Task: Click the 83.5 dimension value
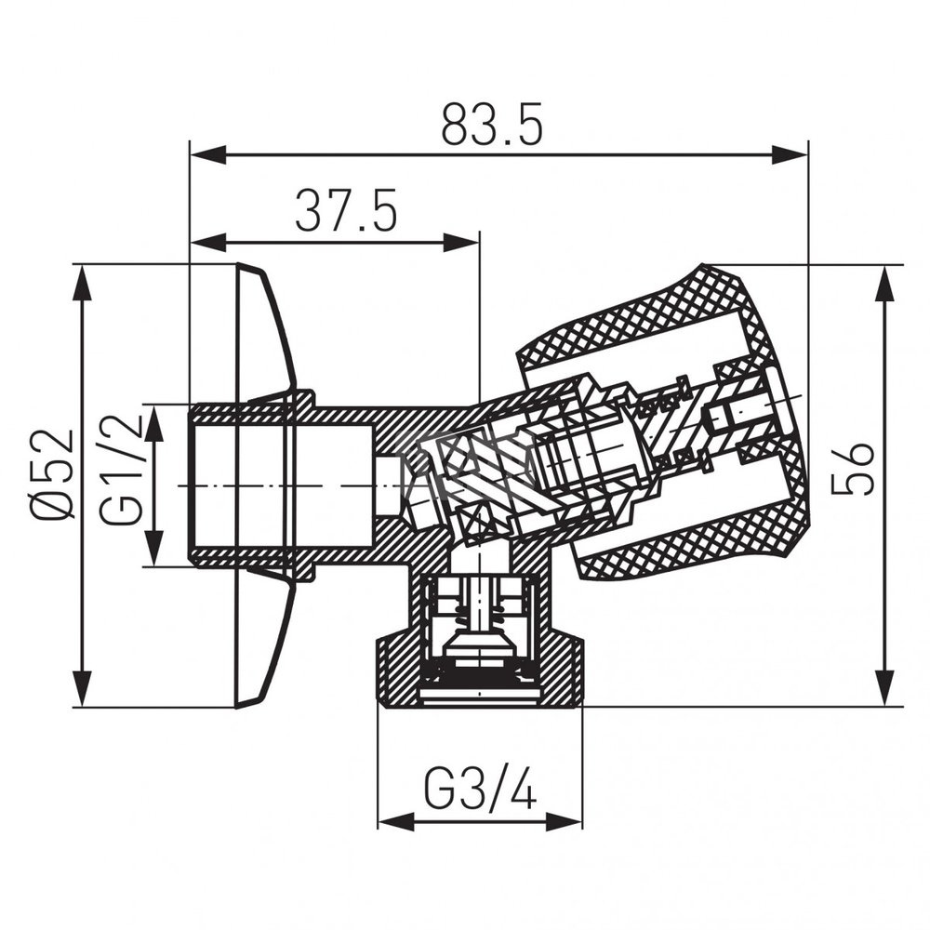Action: [x=492, y=126]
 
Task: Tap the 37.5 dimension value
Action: [x=346, y=210]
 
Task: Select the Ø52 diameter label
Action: [x=52, y=475]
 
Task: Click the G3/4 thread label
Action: [x=481, y=790]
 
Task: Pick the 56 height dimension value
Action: [x=853, y=468]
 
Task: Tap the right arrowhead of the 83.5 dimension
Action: [x=789, y=155]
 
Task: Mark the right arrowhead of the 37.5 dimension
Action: [x=460, y=242]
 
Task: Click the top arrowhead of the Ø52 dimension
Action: [x=84, y=284]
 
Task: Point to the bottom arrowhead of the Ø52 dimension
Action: [x=84, y=688]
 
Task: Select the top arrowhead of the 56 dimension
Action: [x=885, y=284]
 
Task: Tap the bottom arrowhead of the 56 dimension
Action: [x=885, y=688]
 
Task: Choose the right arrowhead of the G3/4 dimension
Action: [x=564, y=821]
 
